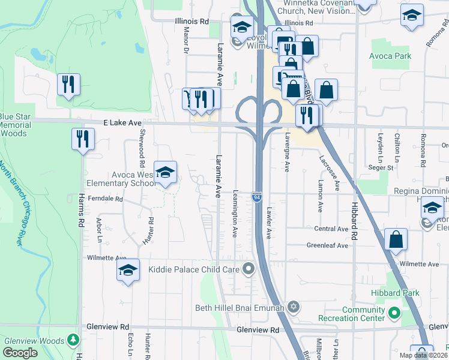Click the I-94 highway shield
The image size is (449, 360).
tap(257, 197)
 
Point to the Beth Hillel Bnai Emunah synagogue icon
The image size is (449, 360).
tap(294, 308)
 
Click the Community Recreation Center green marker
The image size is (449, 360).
tap(394, 313)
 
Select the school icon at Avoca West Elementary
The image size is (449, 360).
tap(165, 173)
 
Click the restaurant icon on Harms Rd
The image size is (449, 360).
tap(83, 139)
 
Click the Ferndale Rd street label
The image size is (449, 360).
tap(105, 199)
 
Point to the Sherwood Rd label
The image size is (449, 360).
tap(142, 148)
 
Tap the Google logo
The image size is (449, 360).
tap(20, 353)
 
